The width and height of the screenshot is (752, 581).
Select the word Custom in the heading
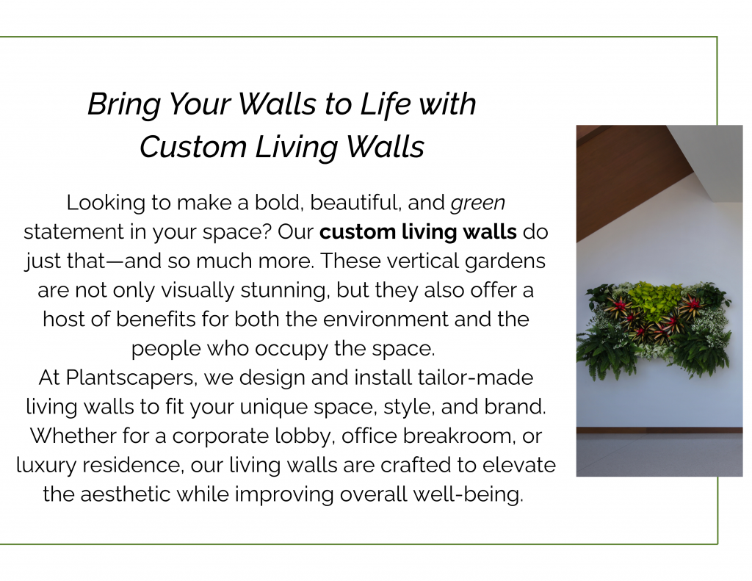[193, 146]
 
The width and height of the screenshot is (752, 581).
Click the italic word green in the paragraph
[477, 203]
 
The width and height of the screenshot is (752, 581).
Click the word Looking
[106, 203]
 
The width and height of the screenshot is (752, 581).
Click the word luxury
[46, 466]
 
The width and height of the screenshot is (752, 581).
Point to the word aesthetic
[125, 494]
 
